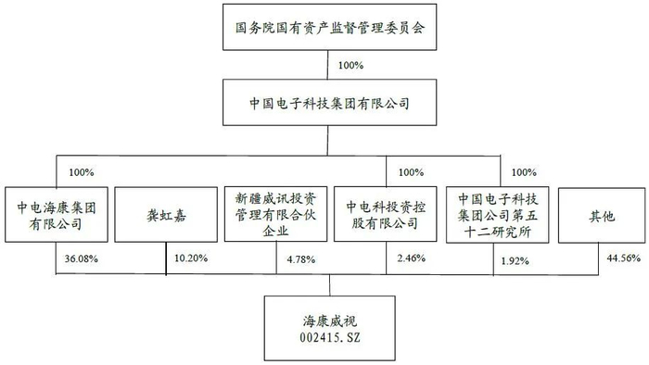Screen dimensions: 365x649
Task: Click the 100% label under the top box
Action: [x=352, y=66]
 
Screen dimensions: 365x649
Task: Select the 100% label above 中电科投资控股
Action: [x=409, y=172]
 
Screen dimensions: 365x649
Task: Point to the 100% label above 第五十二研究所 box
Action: [x=524, y=172]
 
